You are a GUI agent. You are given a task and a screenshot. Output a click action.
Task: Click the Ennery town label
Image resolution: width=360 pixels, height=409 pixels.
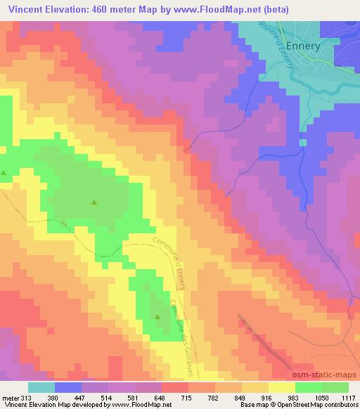pyautogui.click(x=302, y=46)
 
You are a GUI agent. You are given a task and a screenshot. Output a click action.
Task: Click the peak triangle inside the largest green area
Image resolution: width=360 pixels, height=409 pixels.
pyautogui.click(x=94, y=202)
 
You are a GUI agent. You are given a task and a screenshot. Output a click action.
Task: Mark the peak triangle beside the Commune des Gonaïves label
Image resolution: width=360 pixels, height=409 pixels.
pyautogui.click(x=156, y=316)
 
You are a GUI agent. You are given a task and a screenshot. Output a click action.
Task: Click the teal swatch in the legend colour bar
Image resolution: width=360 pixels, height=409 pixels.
pyautogui.click(x=41, y=387)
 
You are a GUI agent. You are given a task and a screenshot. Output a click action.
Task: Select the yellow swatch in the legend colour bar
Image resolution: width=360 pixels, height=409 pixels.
pyautogui.click(x=281, y=387)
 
